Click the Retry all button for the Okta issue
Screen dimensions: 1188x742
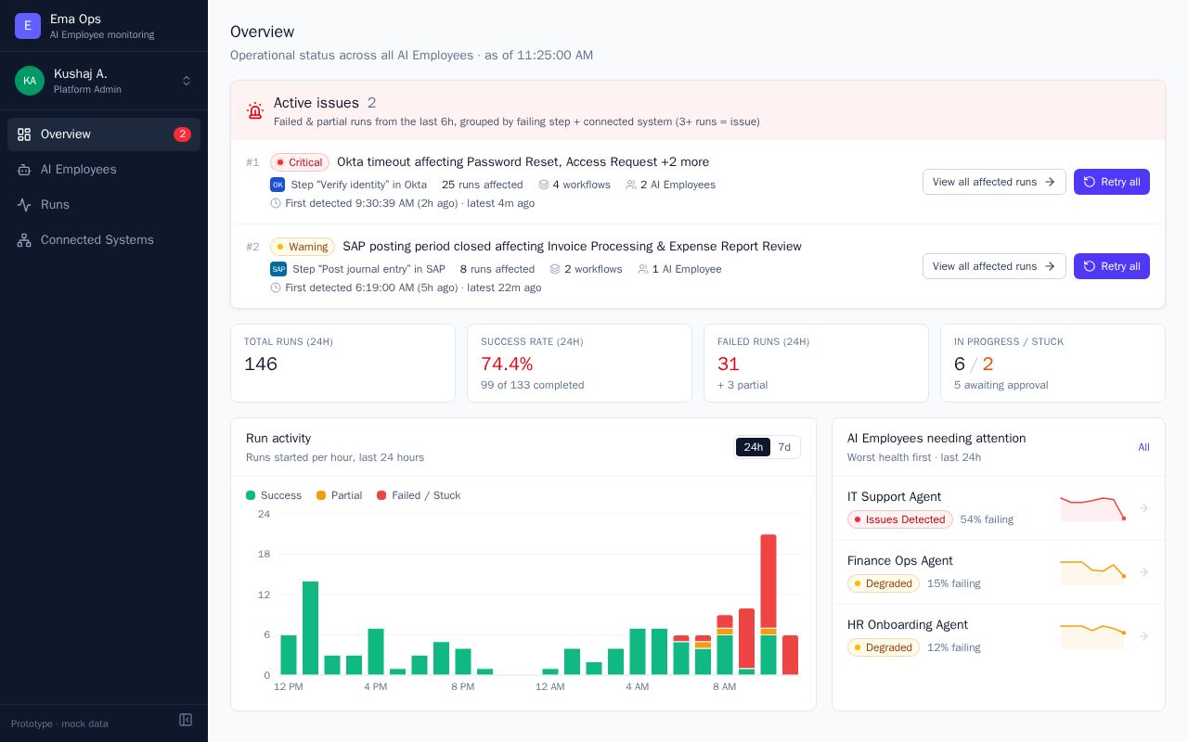pyautogui.click(x=1112, y=182)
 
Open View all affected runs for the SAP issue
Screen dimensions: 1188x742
pyautogui.click(x=994, y=266)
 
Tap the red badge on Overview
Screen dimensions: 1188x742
pyautogui.click(x=182, y=134)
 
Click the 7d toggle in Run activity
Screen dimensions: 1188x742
pyautogui.click(x=784, y=447)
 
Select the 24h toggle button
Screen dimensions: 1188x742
pyautogui.click(x=753, y=447)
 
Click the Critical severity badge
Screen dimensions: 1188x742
pyautogui.click(x=300, y=162)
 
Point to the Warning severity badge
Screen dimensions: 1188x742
pyautogui.click(x=303, y=247)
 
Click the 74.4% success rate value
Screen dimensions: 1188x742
pyautogui.click(x=507, y=364)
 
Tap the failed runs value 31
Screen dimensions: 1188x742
pyautogui.click(x=729, y=364)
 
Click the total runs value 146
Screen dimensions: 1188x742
pyautogui.click(x=261, y=364)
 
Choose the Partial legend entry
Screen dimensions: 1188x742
pyautogui.click(x=339, y=495)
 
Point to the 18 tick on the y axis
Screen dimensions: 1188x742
pyautogui.click(x=264, y=554)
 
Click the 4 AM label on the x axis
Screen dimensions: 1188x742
pyautogui.click(x=637, y=686)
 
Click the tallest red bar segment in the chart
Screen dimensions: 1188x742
pyautogui.click(x=768, y=581)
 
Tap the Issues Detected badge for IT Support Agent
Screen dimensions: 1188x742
pyautogui.click(x=899, y=519)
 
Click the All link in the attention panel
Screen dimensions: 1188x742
pyautogui.click(x=1143, y=447)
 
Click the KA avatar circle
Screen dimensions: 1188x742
pyautogui.click(x=30, y=81)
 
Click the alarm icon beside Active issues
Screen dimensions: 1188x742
pyautogui.click(x=255, y=110)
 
